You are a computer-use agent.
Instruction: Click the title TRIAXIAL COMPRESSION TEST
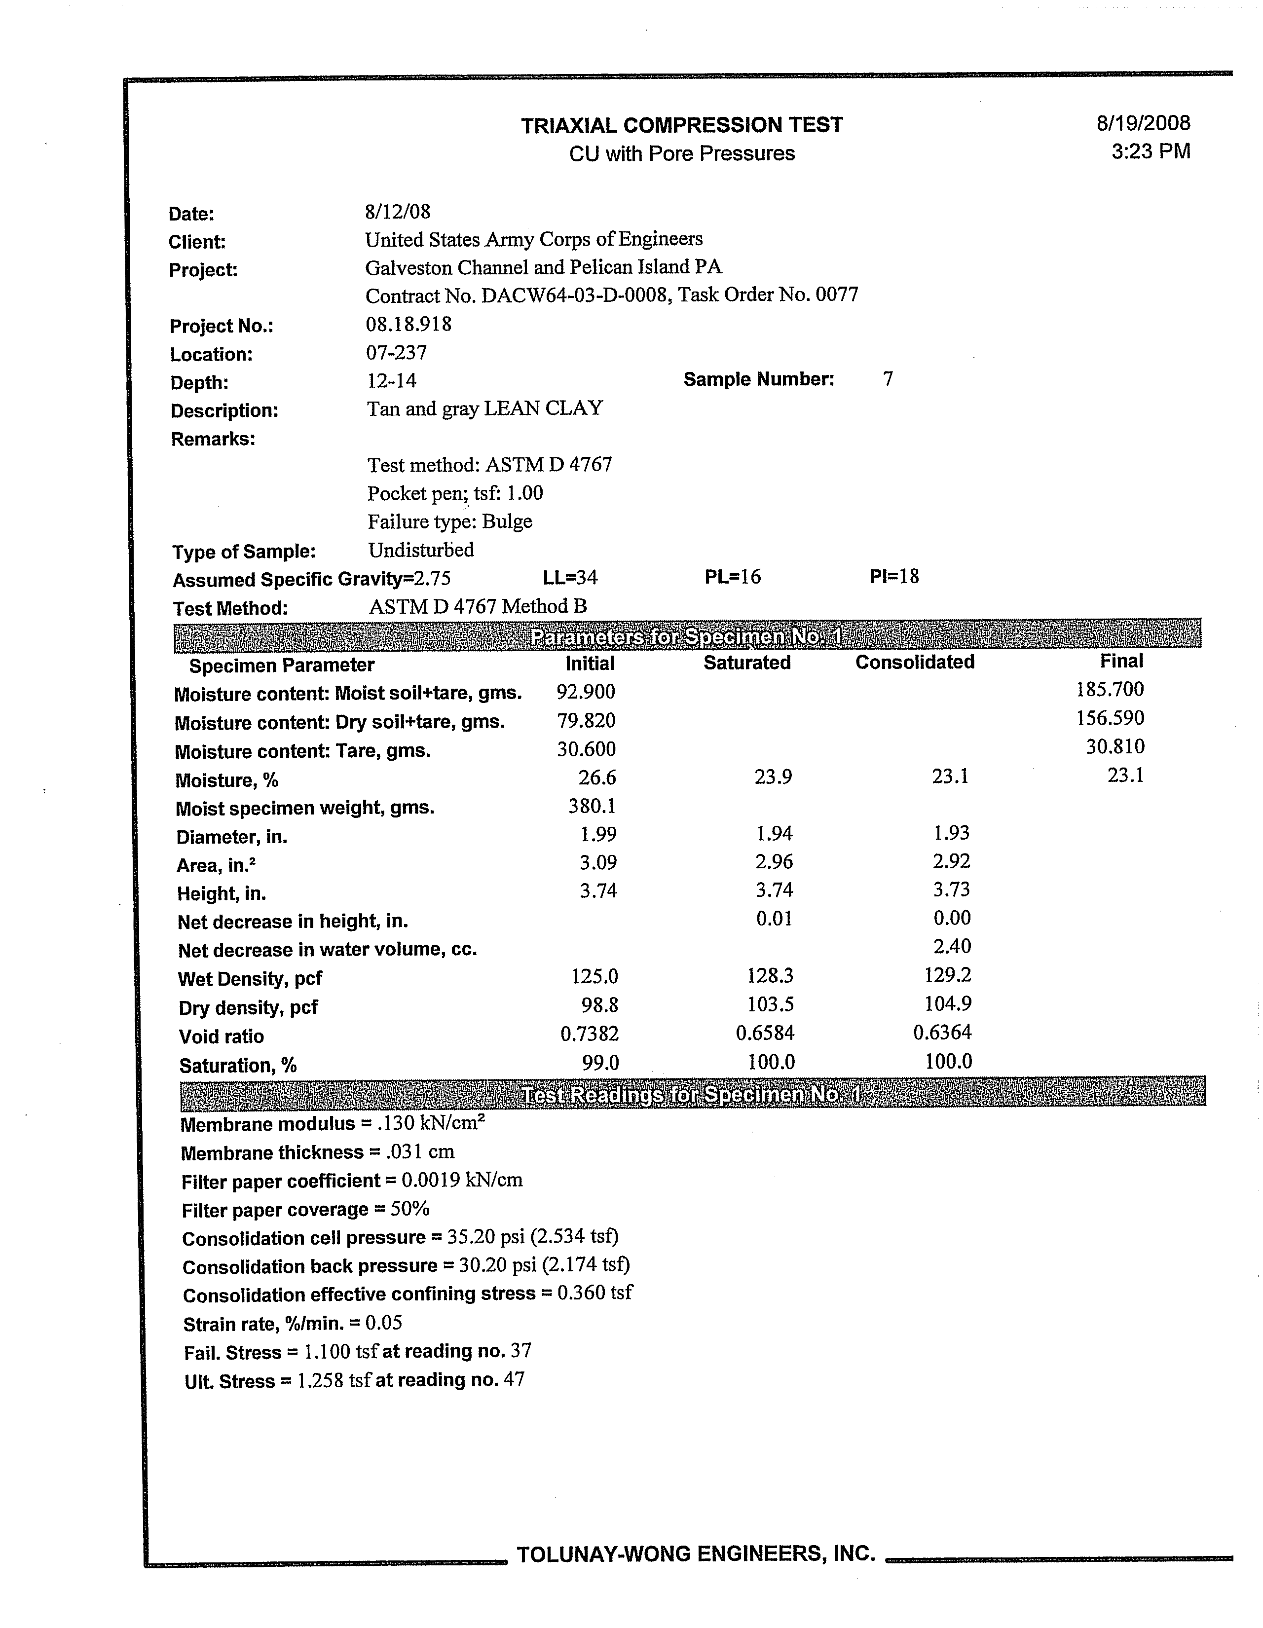point(681,125)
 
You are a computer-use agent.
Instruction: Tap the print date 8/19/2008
point(1143,123)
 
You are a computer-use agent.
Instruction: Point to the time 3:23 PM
point(1151,152)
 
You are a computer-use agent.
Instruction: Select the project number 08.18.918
point(408,324)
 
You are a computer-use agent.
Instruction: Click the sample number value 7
point(887,379)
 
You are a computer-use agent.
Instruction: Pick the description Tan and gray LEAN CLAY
point(484,408)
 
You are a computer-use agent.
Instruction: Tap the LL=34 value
point(570,578)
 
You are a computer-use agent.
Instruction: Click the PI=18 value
point(894,576)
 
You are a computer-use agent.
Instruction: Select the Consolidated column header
point(914,662)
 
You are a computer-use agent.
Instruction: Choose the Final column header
point(1120,661)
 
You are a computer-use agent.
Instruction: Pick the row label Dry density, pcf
point(248,1008)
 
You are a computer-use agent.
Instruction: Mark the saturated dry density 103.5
point(770,1004)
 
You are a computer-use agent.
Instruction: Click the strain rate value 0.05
point(384,1323)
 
